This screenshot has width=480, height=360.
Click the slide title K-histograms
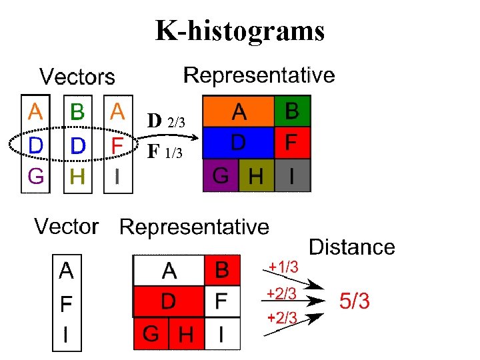pyautogui.click(x=240, y=31)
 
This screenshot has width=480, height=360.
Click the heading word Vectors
pyautogui.click(x=77, y=77)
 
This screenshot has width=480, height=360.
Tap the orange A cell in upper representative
pyautogui.click(x=238, y=111)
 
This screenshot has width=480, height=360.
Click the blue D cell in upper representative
pyautogui.click(x=238, y=143)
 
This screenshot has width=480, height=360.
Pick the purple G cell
pyautogui.click(x=220, y=176)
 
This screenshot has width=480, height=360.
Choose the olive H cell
pyautogui.click(x=255, y=176)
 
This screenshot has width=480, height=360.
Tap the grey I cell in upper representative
pyautogui.click(x=293, y=175)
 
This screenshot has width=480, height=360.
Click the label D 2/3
pyautogui.click(x=171, y=121)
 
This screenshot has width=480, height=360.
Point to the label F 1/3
pyautogui.click(x=164, y=152)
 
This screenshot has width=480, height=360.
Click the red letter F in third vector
pyautogui.click(x=117, y=145)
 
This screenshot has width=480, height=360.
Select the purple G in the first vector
pyautogui.click(x=35, y=177)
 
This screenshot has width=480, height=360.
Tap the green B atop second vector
pyautogui.click(x=77, y=113)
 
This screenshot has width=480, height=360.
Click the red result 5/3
pyautogui.click(x=355, y=301)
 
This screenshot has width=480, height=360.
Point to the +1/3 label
pyautogui.click(x=283, y=267)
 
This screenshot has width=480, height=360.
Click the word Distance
pyautogui.click(x=352, y=247)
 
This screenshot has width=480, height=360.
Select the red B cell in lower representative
pyautogui.click(x=222, y=271)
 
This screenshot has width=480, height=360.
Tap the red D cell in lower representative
pyautogui.click(x=169, y=302)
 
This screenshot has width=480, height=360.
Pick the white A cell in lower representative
pyautogui.click(x=169, y=271)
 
